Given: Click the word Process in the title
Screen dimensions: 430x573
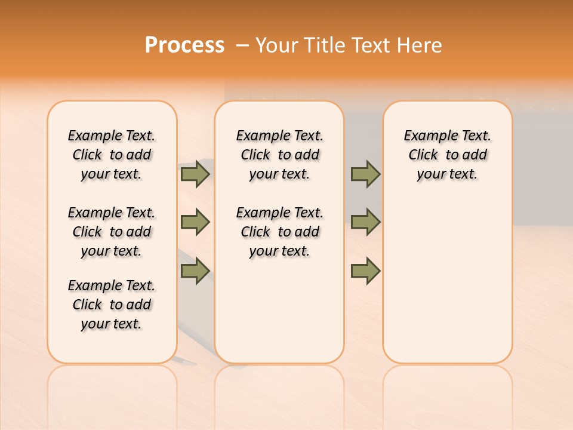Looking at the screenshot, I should tap(184, 45).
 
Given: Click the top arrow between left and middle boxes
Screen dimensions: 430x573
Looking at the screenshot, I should tap(195, 174).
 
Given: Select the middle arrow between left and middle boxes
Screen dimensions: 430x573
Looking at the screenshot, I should tap(195, 222).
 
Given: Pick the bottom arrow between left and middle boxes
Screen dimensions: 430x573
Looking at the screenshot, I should tap(195, 271).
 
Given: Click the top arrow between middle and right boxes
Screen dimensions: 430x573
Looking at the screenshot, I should tap(365, 174).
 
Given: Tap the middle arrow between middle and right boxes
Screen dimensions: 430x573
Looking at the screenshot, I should tap(365, 222).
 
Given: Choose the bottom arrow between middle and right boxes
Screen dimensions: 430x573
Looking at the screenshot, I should tap(365, 271).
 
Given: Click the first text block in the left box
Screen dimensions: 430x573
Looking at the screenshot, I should tap(112, 155).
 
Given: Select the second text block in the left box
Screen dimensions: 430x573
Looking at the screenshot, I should tap(112, 232).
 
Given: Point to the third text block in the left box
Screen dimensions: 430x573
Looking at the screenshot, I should tap(112, 305).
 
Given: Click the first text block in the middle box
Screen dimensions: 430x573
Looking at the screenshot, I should tap(280, 155).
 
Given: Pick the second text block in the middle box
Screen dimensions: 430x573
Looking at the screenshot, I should tap(280, 232).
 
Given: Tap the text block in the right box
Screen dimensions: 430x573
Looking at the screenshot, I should tap(448, 155).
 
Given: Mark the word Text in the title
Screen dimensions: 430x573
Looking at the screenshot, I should tap(369, 45).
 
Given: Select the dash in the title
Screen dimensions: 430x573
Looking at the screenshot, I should tap(242, 45).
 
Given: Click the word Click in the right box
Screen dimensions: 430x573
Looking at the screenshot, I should tap(423, 155).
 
